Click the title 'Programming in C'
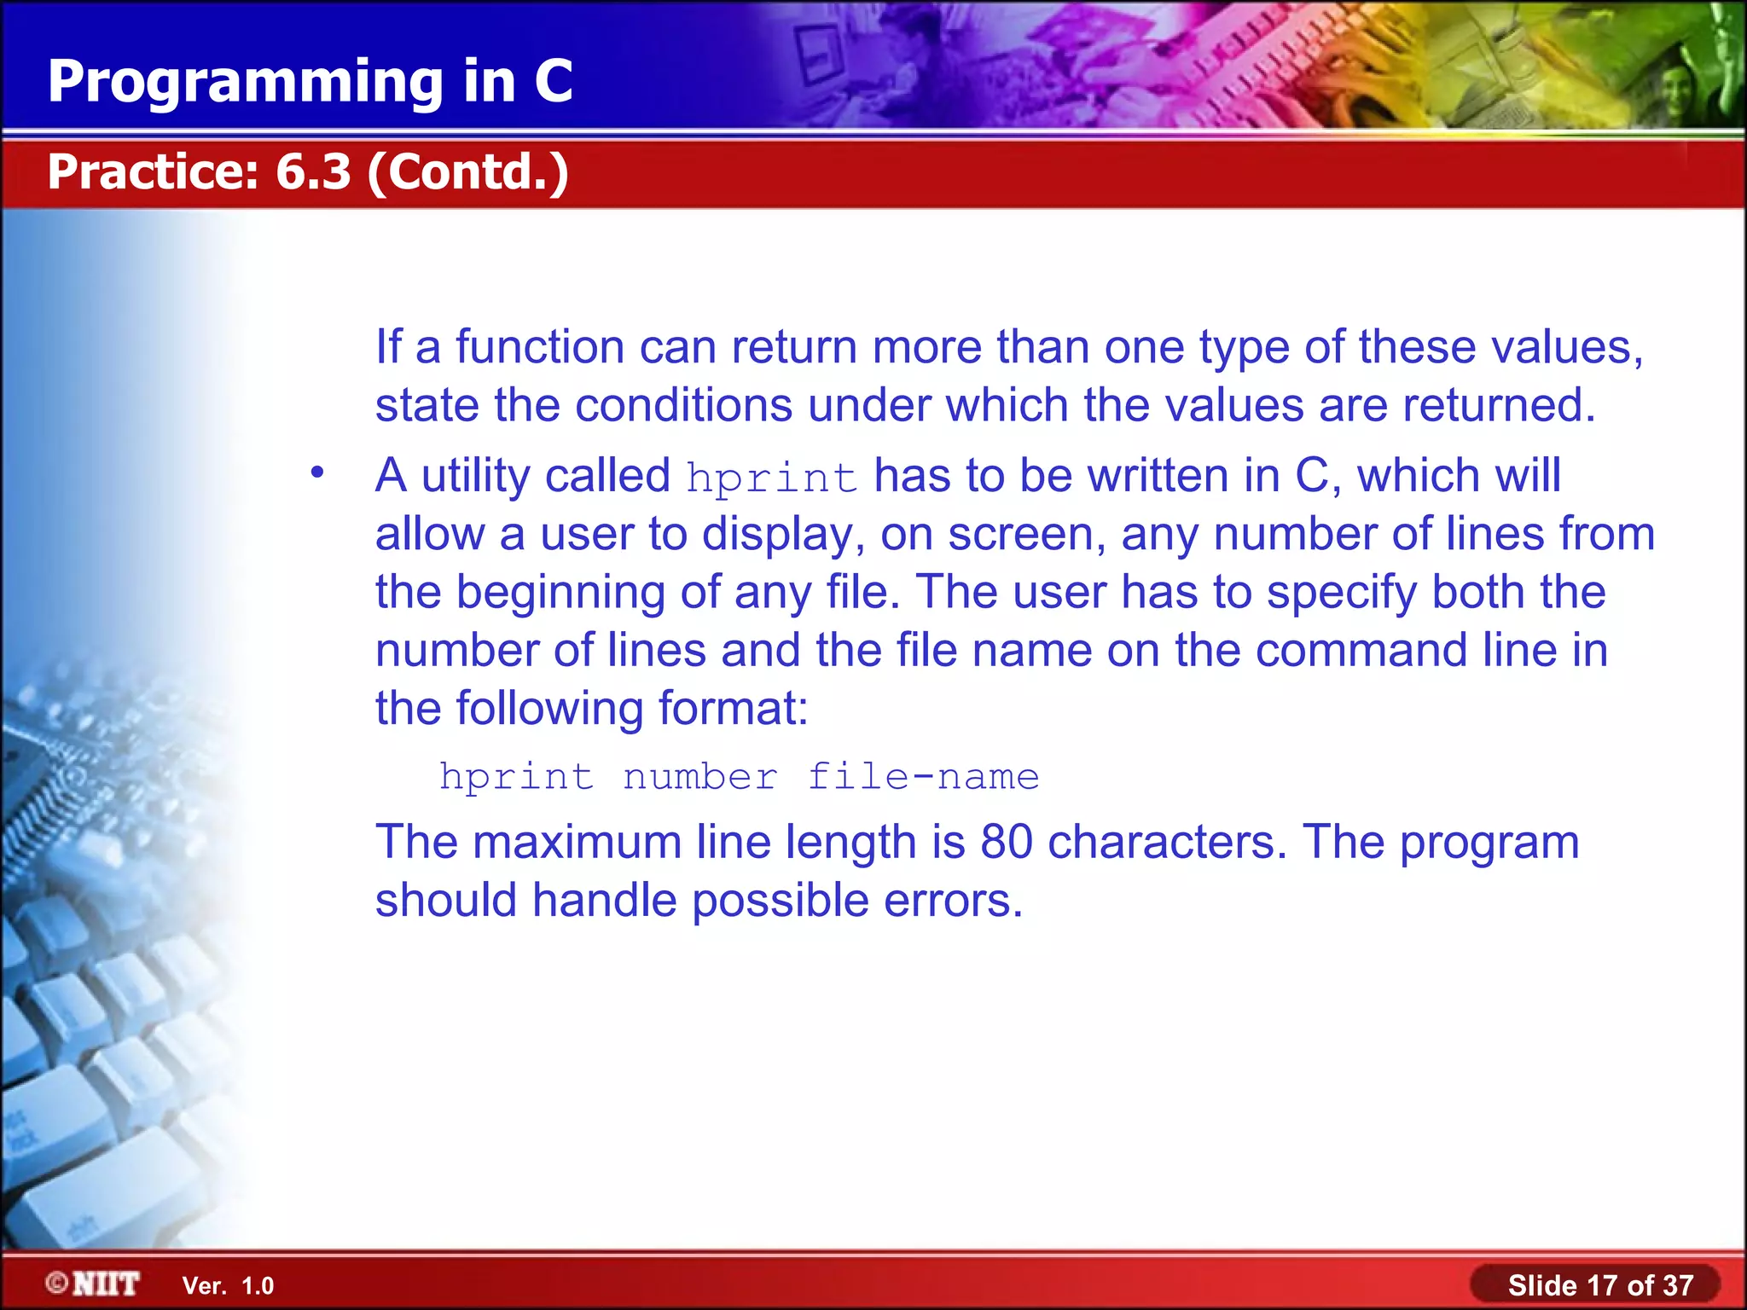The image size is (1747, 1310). click(x=310, y=81)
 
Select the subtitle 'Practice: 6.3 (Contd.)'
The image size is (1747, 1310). click(x=308, y=171)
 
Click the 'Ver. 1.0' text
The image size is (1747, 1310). click(x=228, y=1285)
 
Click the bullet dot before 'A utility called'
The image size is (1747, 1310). click(x=317, y=472)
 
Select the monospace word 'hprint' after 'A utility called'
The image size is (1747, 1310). click(x=771, y=478)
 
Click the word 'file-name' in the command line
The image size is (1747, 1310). click(x=923, y=777)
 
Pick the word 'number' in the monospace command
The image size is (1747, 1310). click(x=699, y=777)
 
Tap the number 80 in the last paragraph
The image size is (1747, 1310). click(x=1006, y=842)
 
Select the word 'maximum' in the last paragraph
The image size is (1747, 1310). click(x=577, y=842)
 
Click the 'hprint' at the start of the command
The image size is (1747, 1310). click(x=516, y=777)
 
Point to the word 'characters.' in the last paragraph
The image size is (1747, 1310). click(x=1167, y=842)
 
